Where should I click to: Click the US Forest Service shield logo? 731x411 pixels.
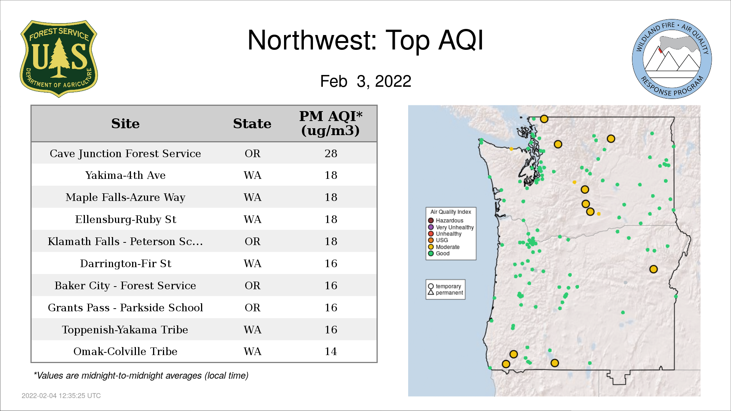tap(59, 59)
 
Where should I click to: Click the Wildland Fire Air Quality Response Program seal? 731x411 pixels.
tap(672, 59)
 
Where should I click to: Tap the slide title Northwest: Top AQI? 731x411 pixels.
tap(365, 40)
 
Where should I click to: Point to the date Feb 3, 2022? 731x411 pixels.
tap(365, 81)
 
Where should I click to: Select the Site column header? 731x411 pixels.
tap(125, 124)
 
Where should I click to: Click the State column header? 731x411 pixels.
tap(252, 124)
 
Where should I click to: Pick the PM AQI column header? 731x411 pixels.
tap(330, 123)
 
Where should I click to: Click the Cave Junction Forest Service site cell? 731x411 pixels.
tap(125, 153)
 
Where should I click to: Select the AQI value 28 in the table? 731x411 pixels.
tap(331, 153)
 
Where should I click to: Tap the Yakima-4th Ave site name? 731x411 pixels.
tap(125, 175)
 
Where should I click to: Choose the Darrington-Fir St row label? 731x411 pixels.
tap(125, 263)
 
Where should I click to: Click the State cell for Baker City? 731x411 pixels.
tap(252, 285)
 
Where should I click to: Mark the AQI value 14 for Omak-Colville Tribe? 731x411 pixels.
tap(331, 351)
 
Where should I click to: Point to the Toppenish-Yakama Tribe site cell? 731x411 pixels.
tap(125, 330)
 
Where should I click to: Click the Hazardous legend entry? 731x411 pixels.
tap(446, 221)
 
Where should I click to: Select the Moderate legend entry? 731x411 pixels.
tap(444, 247)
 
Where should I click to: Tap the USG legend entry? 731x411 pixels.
tap(438, 240)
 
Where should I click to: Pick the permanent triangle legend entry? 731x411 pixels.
tap(445, 293)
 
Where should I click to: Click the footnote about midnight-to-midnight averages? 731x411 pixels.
tap(141, 376)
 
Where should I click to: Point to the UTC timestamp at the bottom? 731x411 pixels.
tap(61, 396)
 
